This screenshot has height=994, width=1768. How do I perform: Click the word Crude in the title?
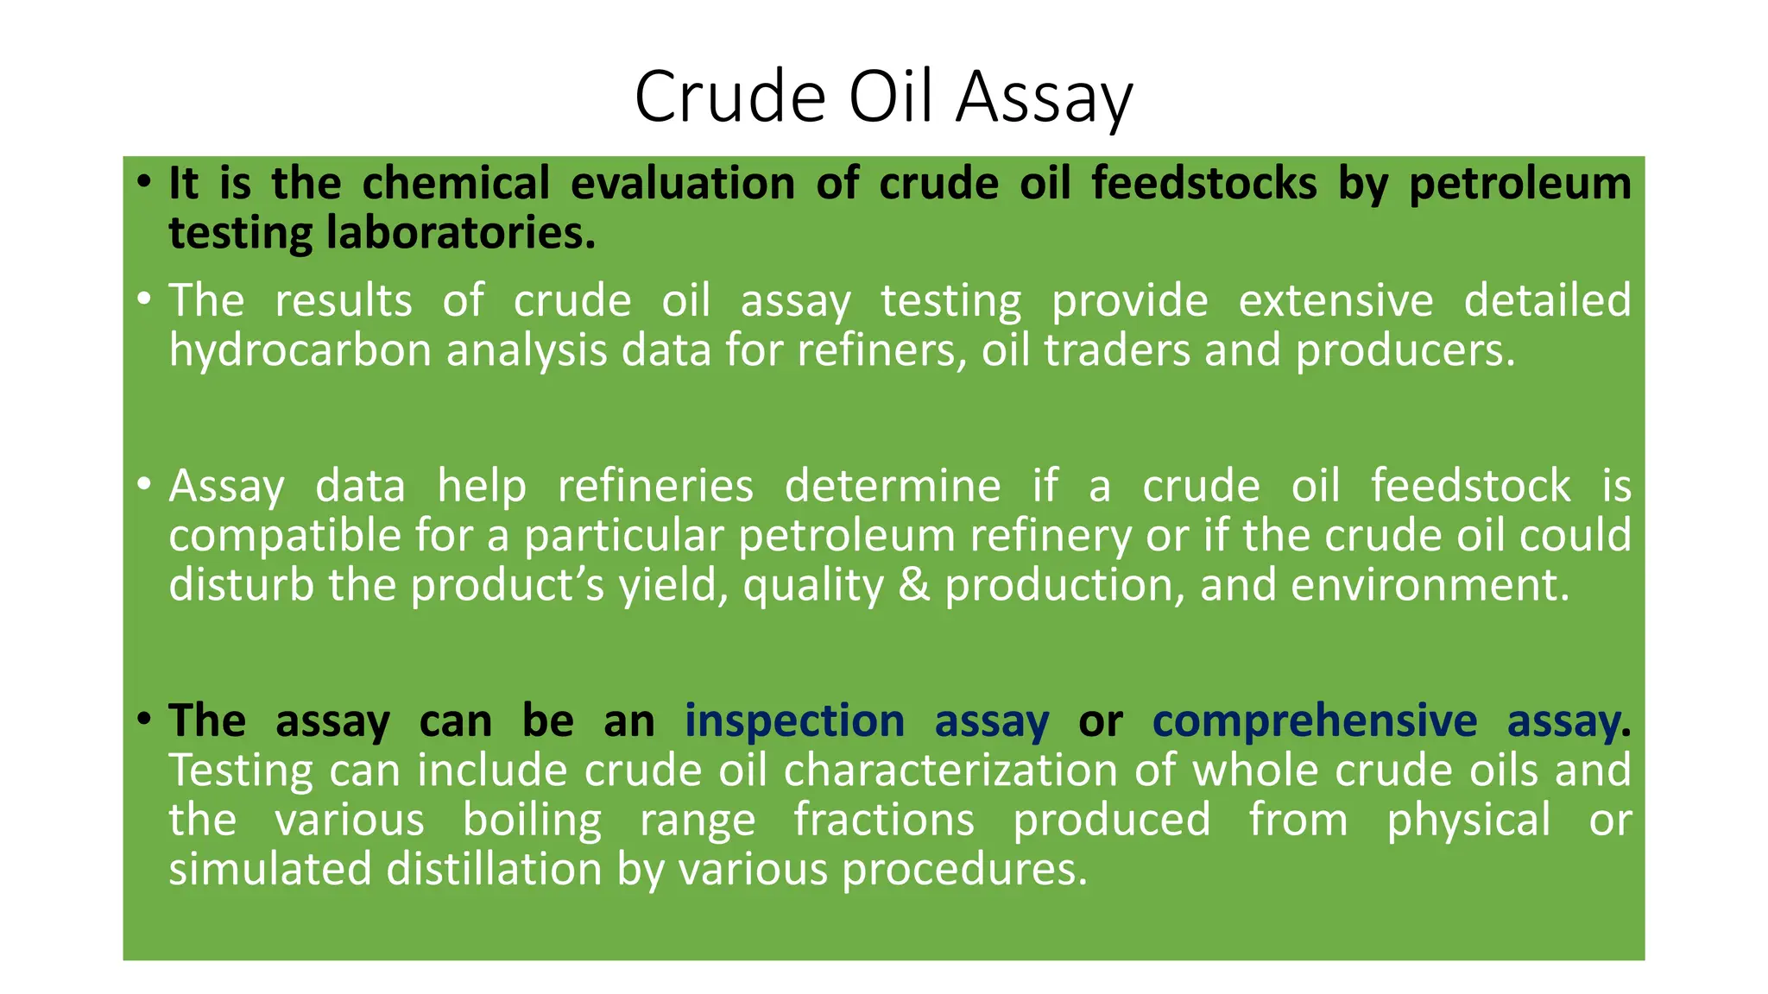click(x=730, y=97)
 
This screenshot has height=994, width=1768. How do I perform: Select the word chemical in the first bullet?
click(x=455, y=184)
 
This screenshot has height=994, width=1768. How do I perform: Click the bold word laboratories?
click(x=460, y=234)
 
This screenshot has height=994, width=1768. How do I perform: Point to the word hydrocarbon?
click(x=300, y=351)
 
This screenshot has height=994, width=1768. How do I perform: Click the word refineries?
click(x=655, y=486)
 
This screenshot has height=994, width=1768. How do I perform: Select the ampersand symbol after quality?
click(x=914, y=585)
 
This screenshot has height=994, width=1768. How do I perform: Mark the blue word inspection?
click(x=794, y=720)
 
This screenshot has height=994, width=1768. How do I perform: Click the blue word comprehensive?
click(x=1314, y=720)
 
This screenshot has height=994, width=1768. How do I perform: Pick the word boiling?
click(x=532, y=820)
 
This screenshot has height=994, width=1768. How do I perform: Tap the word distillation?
click(x=494, y=869)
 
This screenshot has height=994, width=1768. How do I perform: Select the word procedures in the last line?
click(x=964, y=869)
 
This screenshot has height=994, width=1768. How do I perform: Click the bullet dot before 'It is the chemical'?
click(x=144, y=182)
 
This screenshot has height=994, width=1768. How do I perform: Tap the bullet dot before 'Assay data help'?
click(x=144, y=484)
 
